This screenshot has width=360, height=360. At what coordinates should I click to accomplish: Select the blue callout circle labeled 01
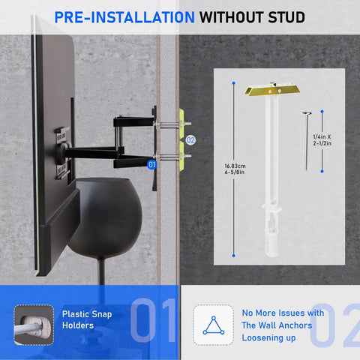pos(151,163)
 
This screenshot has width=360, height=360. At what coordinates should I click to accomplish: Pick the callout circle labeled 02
pos(190,139)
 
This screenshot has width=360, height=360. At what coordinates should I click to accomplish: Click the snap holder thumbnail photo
pos(34,323)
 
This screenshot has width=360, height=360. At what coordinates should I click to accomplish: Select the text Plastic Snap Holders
pos(87,320)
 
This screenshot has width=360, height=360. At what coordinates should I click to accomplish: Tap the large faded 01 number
pos(153,321)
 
